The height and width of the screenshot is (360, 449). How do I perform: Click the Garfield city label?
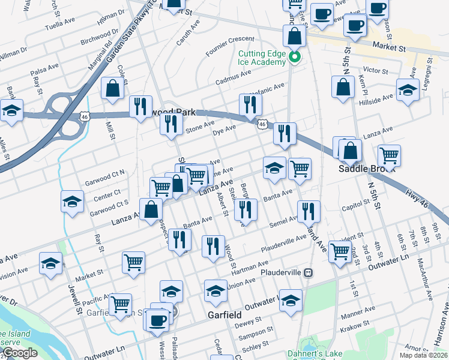pyautogui.click(x=224, y=314)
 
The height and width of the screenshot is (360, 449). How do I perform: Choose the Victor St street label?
pyautogui.click(x=376, y=71)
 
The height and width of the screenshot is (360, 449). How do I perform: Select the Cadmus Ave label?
pyautogui.click(x=234, y=76)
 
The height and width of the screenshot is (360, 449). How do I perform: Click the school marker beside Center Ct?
pyautogui.click(x=72, y=202)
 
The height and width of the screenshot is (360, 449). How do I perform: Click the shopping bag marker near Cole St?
pyautogui.click(x=112, y=89)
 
